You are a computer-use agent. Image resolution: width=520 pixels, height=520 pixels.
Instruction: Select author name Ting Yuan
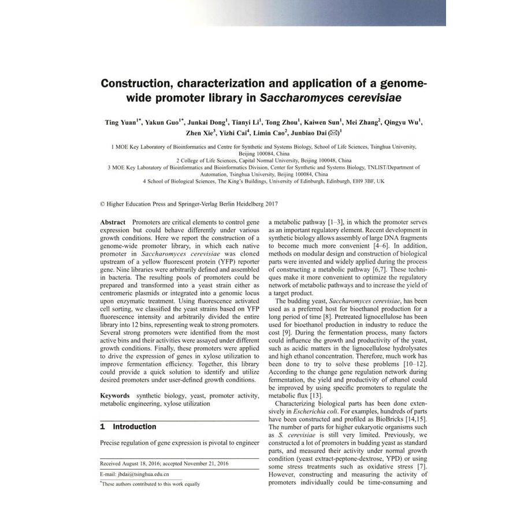120,122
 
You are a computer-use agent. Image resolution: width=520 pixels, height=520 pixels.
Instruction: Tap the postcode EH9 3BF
359,181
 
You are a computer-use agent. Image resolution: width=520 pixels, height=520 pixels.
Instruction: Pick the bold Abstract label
113,222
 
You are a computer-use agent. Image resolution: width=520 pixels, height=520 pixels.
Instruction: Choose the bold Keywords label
115,396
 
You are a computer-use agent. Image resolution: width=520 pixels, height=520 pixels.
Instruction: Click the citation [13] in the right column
315,395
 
